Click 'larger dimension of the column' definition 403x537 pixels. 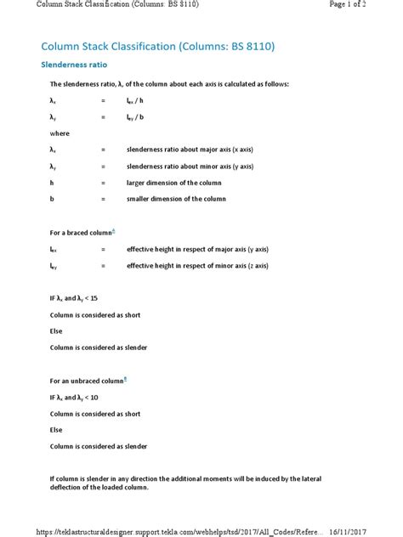[x=173, y=183]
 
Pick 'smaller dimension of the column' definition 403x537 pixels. [x=176, y=199]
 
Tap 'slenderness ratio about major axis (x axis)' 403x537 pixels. [x=190, y=150]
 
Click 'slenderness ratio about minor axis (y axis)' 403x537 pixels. [x=190, y=167]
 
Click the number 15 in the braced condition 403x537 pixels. [x=94, y=298]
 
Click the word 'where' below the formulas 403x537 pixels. [x=60, y=133]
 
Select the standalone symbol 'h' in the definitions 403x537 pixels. [x=52, y=183]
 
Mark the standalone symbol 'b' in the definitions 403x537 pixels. [x=52, y=199]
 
